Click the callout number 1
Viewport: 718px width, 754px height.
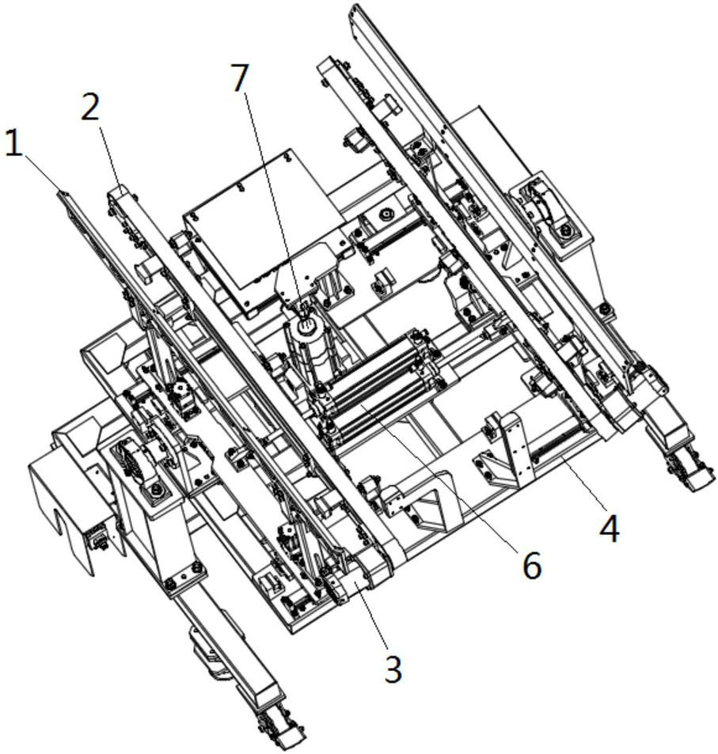(x=14, y=144)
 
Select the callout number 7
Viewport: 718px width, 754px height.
(x=241, y=78)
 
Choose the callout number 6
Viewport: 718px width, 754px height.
(x=532, y=566)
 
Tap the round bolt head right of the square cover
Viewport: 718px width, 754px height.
(x=384, y=214)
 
